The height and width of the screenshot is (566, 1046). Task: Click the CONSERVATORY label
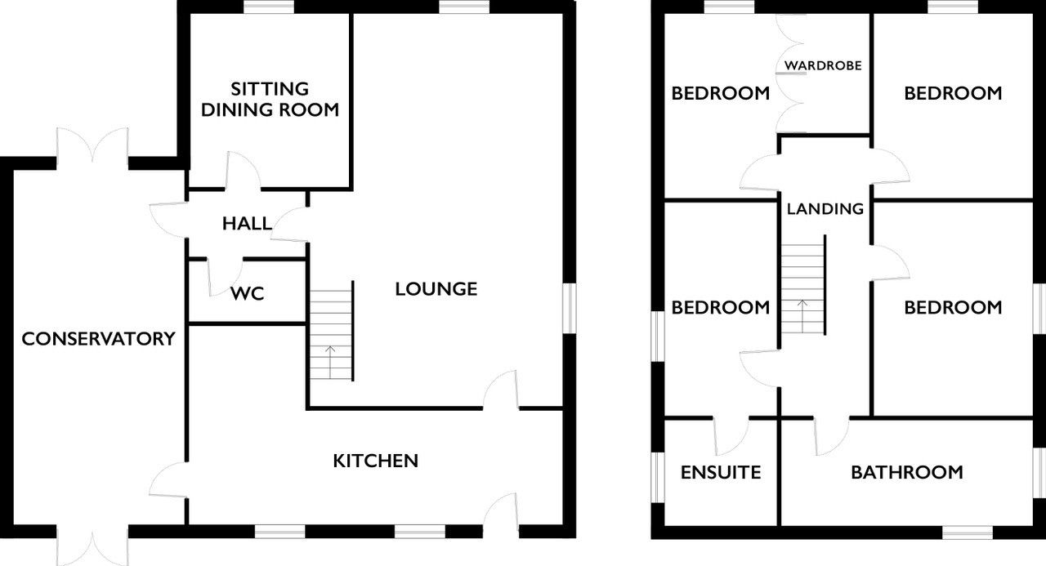coord(99,339)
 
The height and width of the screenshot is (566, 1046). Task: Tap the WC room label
coord(248,293)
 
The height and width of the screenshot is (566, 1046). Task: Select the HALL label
coord(247,224)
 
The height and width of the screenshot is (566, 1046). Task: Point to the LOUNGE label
coord(436,289)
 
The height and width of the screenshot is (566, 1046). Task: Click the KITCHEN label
coord(375,461)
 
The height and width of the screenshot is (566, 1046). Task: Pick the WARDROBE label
coord(823,65)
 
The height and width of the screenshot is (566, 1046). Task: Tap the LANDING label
coord(825,208)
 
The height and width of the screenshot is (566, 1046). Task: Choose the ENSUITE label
coord(721,473)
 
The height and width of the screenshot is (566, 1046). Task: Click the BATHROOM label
coord(907,473)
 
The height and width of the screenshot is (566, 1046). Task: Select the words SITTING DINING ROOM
coord(270,99)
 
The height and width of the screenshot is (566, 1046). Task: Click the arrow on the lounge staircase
coord(330,362)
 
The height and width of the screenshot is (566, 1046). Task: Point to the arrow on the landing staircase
coord(802,316)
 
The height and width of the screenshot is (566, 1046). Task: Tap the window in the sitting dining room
coord(270,7)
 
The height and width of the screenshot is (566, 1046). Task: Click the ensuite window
coord(658,477)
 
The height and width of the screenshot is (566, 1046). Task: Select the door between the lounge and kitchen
coord(501,390)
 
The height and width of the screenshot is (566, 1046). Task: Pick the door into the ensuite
coord(731,436)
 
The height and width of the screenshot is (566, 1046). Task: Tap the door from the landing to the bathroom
coord(832,436)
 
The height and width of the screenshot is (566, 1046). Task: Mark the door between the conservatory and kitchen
coord(168,480)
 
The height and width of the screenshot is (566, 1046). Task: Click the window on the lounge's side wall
coord(570,308)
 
